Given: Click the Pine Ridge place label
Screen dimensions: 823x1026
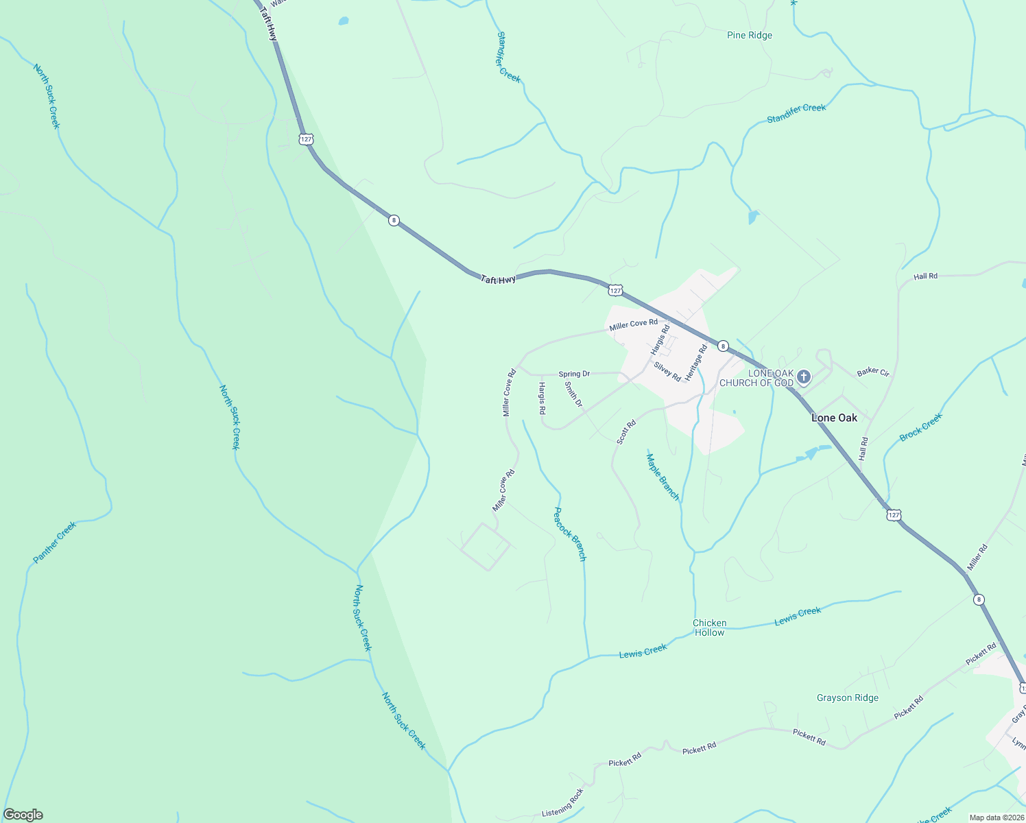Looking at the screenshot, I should click(x=749, y=35).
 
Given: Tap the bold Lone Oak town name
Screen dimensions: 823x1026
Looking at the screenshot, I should click(x=834, y=418).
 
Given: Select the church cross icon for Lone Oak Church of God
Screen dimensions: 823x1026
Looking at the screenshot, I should click(x=804, y=377).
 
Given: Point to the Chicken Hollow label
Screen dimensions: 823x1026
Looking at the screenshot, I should click(x=709, y=628).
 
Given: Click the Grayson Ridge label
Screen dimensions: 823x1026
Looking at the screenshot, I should click(x=847, y=697).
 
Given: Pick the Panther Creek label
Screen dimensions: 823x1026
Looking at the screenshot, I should click(x=55, y=542).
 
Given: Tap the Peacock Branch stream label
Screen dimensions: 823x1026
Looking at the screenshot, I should click(x=570, y=534).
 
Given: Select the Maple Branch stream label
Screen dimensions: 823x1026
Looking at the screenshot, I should click(x=663, y=476).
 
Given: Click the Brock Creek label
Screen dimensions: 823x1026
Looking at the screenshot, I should click(x=920, y=427).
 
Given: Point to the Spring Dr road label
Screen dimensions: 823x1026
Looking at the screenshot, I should click(x=574, y=374).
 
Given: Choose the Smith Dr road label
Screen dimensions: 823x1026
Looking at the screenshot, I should click(x=573, y=394).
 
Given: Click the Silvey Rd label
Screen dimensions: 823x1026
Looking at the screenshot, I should click(x=667, y=372).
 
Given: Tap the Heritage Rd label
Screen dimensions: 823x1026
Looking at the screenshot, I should click(x=696, y=363).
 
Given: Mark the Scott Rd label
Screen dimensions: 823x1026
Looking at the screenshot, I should click(x=626, y=432).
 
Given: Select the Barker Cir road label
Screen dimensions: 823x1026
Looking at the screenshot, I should click(x=873, y=372).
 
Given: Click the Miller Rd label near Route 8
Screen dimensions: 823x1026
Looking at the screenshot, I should click(x=977, y=557).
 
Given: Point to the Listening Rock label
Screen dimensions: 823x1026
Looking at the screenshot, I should click(x=562, y=802).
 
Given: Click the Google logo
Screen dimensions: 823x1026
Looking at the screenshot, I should click(x=23, y=815).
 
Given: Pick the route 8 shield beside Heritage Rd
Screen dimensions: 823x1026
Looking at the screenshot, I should click(x=723, y=346).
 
